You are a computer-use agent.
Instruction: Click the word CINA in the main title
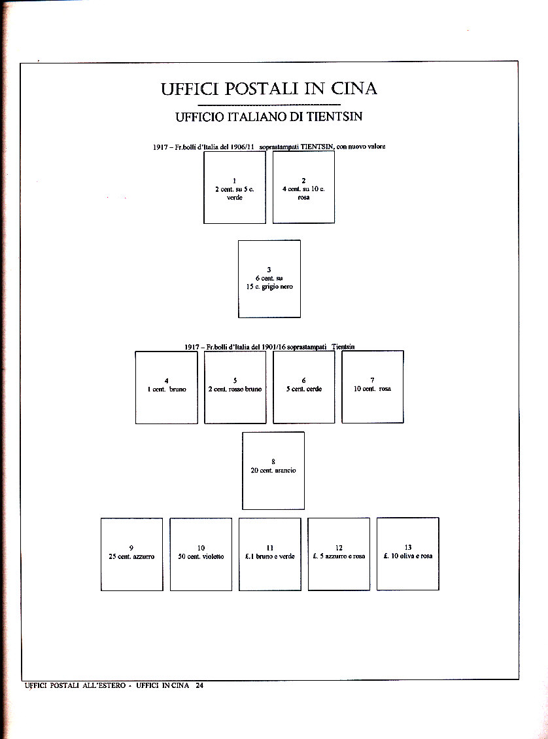tap(354, 89)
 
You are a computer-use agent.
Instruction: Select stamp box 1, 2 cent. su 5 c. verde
tap(235, 188)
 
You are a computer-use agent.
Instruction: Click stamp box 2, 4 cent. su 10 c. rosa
tap(303, 188)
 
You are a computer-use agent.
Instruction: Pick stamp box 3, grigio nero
tap(269, 279)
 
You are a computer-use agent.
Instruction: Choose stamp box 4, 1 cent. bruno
tap(167, 388)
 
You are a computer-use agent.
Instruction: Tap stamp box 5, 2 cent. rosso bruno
tap(235, 388)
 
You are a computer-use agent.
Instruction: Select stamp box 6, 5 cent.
tap(303, 388)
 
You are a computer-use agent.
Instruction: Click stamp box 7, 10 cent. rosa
tap(373, 388)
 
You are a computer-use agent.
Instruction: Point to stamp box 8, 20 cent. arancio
tap(273, 471)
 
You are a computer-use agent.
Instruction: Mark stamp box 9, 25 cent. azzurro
tap(132, 554)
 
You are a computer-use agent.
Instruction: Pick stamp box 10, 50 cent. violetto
tap(201, 554)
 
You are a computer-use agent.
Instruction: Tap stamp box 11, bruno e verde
tap(270, 554)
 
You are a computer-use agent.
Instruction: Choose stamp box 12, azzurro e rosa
tap(339, 554)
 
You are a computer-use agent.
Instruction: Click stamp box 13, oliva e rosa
tap(408, 554)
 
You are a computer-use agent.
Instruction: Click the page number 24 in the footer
tap(199, 685)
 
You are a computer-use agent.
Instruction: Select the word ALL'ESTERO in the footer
tap(100, 685)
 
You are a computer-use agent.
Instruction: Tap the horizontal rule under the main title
tap(269, 105)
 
